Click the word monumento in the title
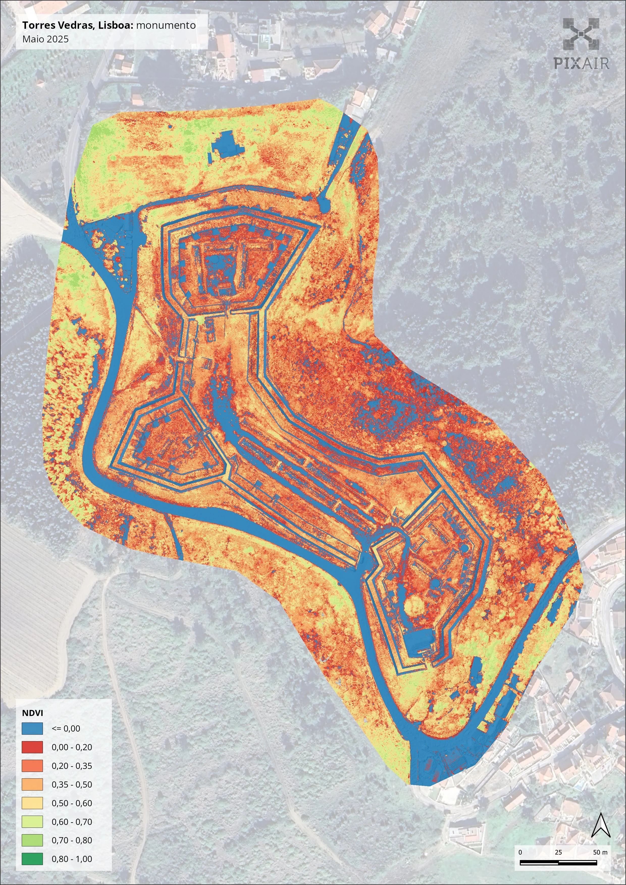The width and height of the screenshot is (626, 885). click(166, 25)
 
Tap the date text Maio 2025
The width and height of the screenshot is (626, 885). click(45, 39)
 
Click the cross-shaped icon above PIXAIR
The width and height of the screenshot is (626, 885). click(581, 35)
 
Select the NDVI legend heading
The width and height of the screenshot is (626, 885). click(32, 712)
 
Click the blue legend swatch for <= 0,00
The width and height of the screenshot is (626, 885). click(32, 728)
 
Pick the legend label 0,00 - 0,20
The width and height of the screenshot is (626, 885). click(72, 747)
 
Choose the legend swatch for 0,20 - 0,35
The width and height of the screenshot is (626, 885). click(32, 765)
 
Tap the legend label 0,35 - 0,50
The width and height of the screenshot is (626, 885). click(72, 784)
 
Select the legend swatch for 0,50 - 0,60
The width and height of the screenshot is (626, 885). click(32, 803)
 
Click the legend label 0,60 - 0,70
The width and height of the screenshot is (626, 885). click(72, 821)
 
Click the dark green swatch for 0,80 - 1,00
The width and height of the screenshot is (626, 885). click(32, 859)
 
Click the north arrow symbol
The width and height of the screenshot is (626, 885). click(600, 825)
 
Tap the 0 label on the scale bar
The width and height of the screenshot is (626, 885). click(520, 852)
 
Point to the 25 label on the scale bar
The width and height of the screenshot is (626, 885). click(558, 852)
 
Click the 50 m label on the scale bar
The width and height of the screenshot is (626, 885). click(600, 852)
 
